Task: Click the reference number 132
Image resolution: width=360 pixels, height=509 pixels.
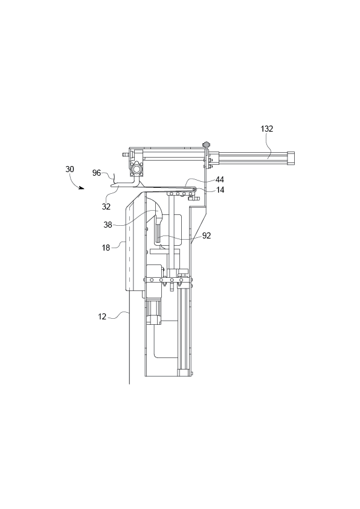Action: coord(266,129)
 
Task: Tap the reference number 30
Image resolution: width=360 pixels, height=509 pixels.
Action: coord(70,170)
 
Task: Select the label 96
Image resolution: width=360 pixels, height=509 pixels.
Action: coord(97,173)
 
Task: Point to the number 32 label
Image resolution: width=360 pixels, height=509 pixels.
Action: coord(106,206)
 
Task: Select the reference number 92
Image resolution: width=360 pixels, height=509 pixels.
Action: coord(207,236)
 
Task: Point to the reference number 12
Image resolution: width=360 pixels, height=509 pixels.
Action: coord(103,315)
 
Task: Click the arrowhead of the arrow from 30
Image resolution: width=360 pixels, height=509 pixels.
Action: coord(82,188)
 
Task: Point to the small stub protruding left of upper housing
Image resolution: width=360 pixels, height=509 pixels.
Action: coord(126,155)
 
